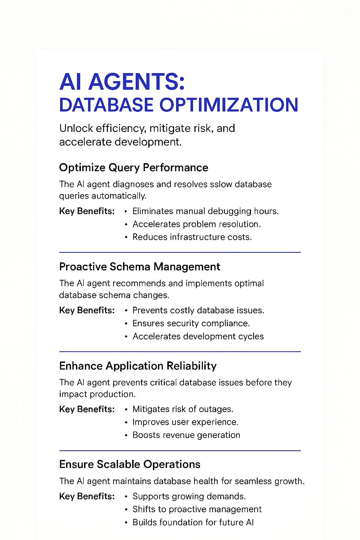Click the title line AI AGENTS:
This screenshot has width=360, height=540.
coord(122,82)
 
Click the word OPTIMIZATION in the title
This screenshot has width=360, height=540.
coord(229,105)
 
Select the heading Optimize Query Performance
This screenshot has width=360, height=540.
coord(134,168)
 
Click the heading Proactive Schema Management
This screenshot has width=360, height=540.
coord(140,266)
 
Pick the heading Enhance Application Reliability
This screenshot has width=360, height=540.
coord(138,366)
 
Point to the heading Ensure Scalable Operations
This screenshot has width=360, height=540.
coord(130,464)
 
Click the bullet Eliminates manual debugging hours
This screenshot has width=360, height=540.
coord(205,211)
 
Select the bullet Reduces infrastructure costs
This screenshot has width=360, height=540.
coord(192,237)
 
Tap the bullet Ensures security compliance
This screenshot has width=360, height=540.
coord(191,323)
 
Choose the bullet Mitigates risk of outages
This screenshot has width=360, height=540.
coord(183,409)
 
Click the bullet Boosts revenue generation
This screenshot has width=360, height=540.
coord(186,435)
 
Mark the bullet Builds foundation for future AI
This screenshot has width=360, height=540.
coord(193,522)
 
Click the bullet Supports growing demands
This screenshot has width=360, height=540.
coord(189,496)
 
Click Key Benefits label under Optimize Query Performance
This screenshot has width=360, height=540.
coord(87,211)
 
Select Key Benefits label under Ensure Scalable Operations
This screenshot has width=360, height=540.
coord(87,496)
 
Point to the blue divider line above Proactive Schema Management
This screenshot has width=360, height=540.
coord(180,252)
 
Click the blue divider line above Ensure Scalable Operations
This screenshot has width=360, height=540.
coord(180,451)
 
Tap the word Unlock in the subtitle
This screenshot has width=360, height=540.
coord(76,128)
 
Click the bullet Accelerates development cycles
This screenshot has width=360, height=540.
coord(198,336)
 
